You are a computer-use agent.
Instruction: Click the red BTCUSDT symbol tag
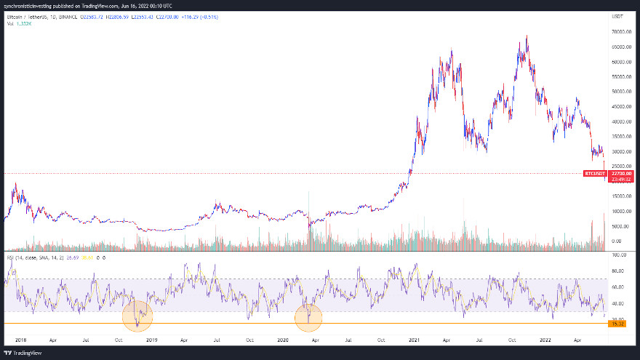coord(594,173)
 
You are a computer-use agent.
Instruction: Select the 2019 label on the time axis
coord(152,339)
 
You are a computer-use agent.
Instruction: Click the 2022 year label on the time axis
coord(546,339)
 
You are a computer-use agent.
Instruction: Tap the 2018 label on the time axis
coord(20,339)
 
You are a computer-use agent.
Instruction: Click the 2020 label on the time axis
coord(284,339)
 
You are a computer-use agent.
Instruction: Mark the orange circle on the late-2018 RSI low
coord(137,315)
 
